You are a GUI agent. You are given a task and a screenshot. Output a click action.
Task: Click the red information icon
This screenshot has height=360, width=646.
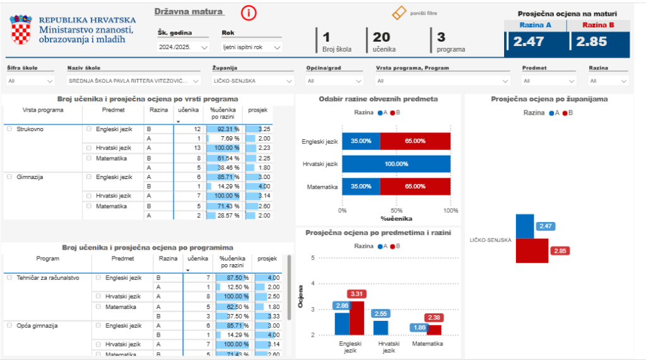(249, 13)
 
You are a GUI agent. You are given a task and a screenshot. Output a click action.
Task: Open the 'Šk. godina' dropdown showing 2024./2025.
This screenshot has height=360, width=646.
(183, 47)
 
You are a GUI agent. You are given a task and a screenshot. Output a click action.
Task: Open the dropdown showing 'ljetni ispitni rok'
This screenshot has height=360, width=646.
(252, 47)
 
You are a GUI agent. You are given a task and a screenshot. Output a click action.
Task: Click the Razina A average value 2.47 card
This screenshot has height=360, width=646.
(536, 42)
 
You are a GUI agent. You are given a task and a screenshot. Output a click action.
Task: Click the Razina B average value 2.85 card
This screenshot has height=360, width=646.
(598, 42)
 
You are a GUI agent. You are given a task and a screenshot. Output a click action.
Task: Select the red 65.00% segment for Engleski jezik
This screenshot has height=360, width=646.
(415, 141)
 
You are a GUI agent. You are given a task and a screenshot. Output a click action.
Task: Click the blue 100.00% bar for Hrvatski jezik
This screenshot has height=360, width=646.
(396, 164)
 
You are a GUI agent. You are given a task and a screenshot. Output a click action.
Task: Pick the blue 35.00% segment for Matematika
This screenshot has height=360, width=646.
(361, 187)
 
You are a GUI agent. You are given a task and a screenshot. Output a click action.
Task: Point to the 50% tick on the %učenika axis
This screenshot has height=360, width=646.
(396, 211)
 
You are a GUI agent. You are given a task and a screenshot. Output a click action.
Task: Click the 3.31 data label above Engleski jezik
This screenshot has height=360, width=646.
(356, 294)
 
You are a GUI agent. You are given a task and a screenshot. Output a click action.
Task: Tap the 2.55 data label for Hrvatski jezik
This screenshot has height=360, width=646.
(380, 313)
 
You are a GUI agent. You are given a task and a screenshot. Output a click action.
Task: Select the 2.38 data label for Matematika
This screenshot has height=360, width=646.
(433, 318)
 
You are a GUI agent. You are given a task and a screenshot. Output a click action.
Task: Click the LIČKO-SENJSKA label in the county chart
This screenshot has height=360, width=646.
(490, 240)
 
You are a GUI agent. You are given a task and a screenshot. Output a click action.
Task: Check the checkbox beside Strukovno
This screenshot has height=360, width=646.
(9, 129)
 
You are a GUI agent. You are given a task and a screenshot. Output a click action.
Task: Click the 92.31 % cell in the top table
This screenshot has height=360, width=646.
(224, 129)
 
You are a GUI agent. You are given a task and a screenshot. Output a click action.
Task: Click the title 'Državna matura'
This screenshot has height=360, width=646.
(189, 11)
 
